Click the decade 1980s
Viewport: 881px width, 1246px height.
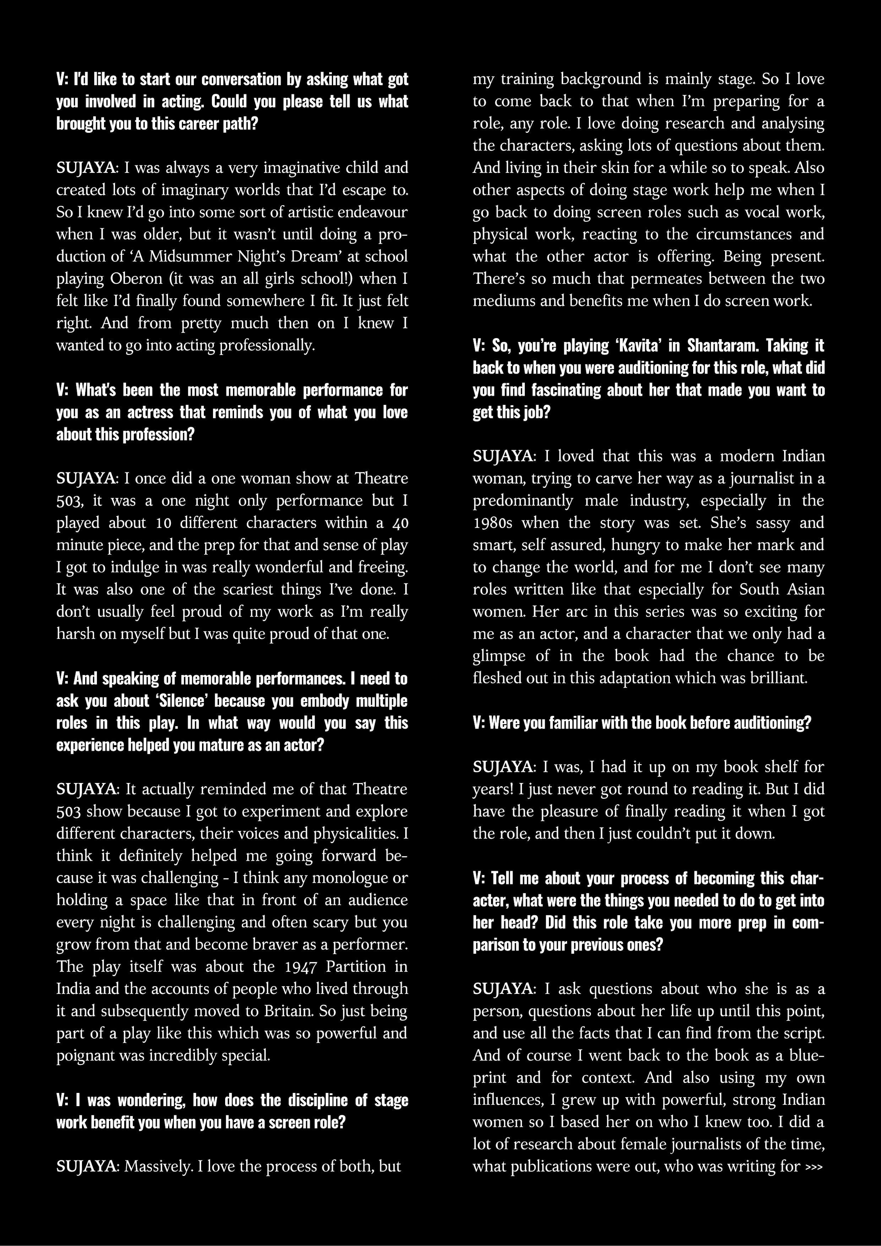[494, 523]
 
